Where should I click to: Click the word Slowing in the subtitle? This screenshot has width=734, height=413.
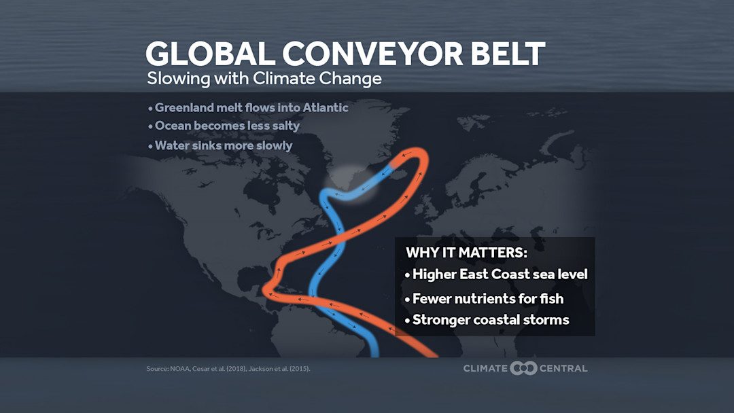[174, 79]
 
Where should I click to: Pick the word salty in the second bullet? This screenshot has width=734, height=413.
[284, 126]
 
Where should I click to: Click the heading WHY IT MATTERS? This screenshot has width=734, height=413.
[466, 253]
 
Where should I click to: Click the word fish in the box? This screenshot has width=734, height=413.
[551, 298]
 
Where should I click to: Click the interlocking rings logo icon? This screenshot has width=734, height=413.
[523, 368]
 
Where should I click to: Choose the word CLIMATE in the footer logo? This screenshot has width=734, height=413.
[485, 368]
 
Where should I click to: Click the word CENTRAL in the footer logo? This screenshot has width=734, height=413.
[563, 368]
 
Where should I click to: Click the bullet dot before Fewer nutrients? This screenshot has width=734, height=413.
[407, 300]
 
